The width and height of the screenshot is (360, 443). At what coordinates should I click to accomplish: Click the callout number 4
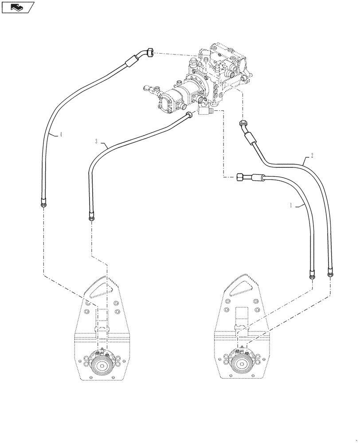click(x=60, y=135)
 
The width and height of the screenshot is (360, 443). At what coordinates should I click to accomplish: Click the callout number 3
click(x=96, y=141)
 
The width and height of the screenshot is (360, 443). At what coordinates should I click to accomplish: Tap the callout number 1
click(x=291, y=205)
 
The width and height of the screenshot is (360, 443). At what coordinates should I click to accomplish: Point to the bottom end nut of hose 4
click(x=43, y=204)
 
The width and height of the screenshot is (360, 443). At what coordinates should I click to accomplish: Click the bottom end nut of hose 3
click(x=91, y=217)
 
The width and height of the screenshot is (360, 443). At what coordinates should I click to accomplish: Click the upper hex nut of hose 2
click(x=243, y=124)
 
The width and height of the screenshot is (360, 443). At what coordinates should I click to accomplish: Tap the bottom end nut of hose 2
click(x=330, y=274)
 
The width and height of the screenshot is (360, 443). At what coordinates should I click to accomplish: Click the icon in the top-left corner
click(x=18, y=8)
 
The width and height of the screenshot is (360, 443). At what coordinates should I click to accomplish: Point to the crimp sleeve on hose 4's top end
click(x=131, y=61)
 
